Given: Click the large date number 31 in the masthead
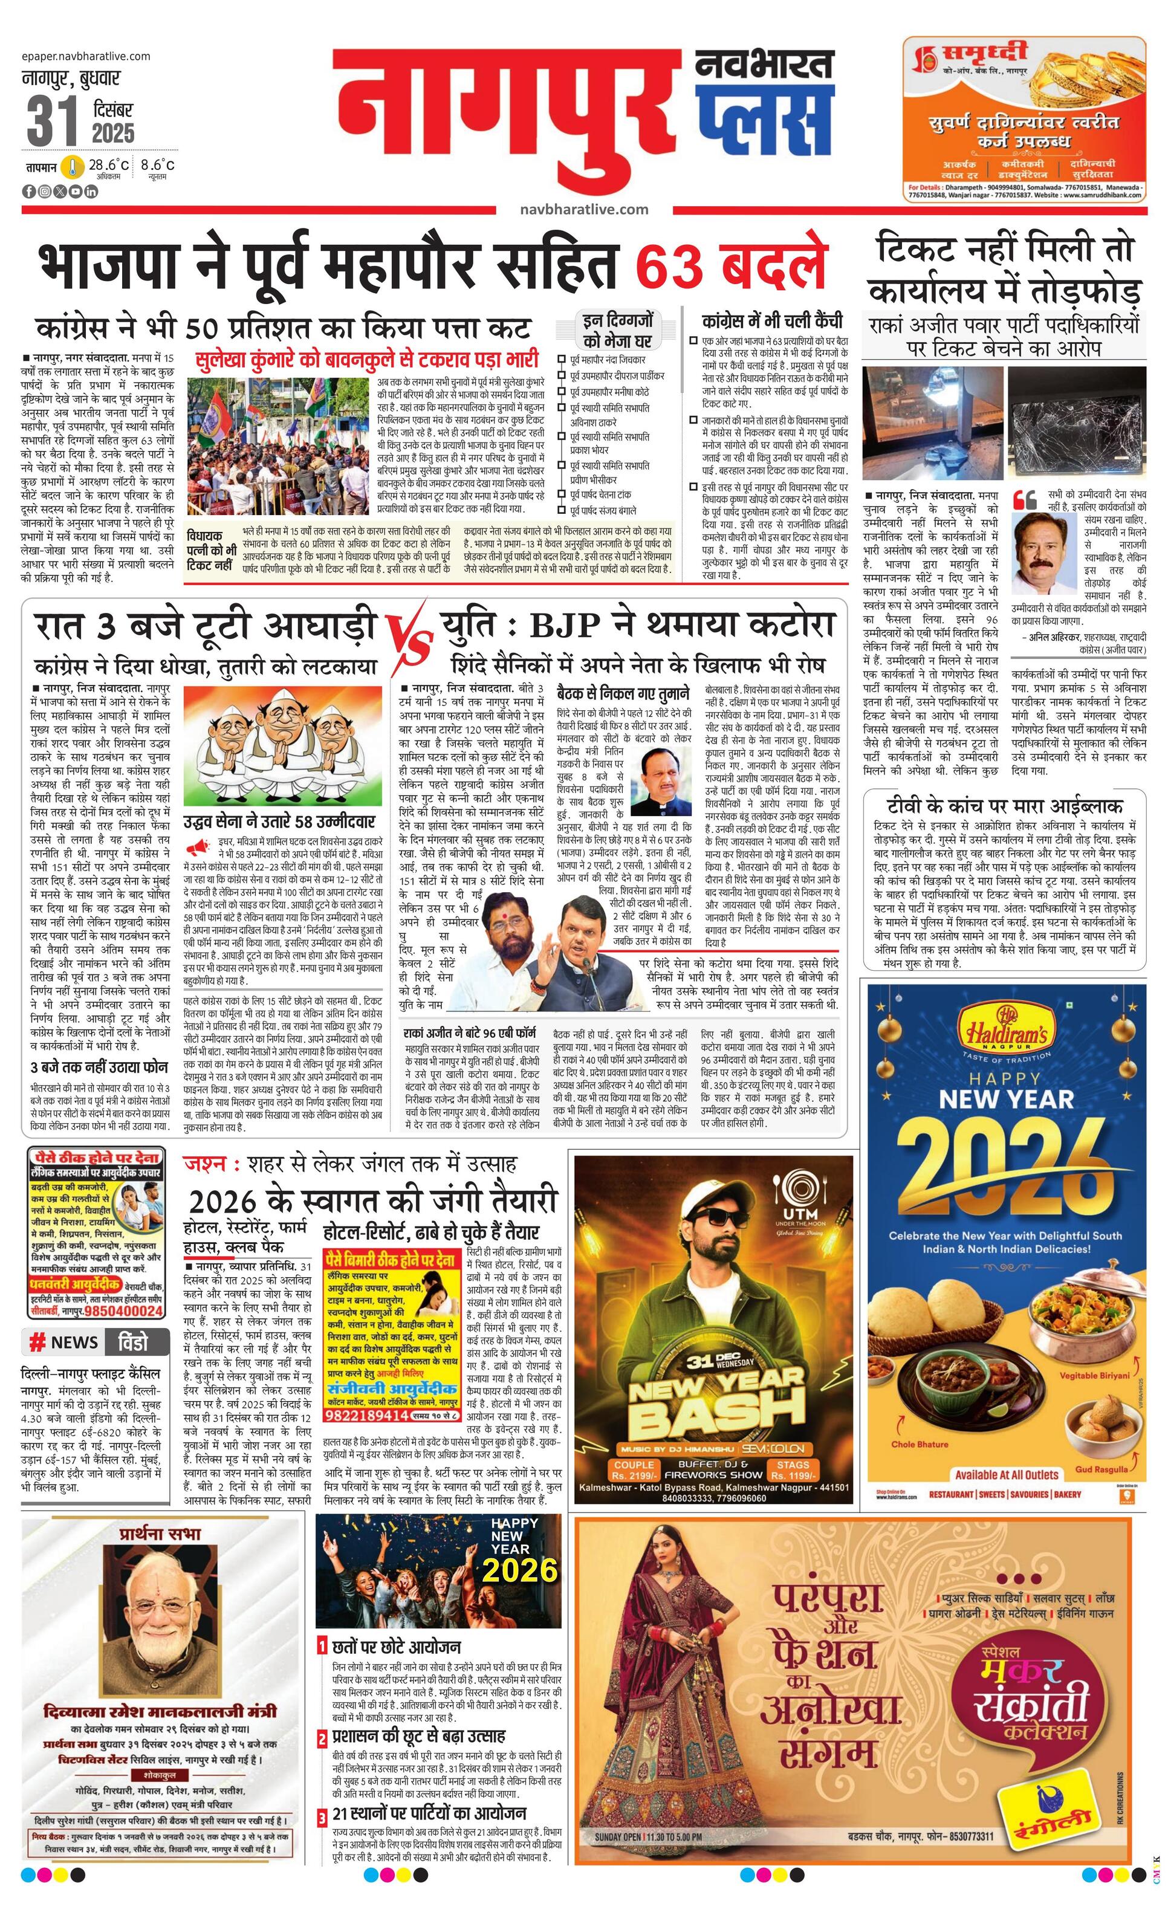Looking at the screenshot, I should point(52,121).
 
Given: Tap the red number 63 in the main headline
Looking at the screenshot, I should point(673,268).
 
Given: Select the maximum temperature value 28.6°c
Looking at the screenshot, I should point(108,165).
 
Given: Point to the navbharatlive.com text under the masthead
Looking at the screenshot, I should point(583,209).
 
